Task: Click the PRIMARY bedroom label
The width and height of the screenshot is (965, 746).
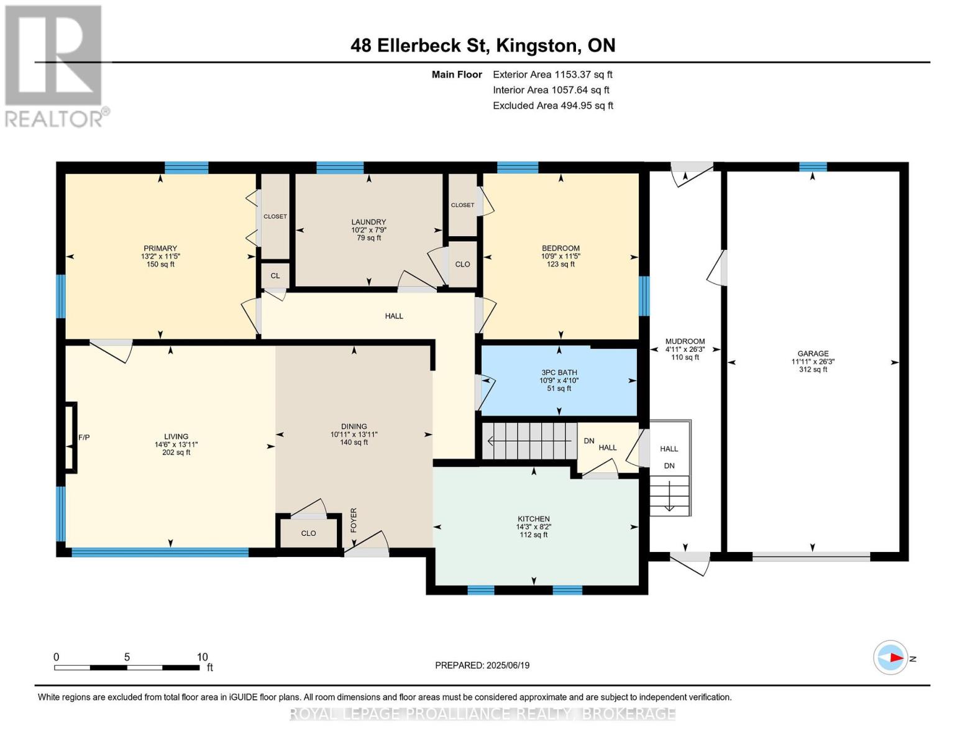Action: (160, 249)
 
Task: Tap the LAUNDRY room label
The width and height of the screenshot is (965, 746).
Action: (368, 222)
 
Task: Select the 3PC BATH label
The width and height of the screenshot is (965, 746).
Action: (559, 372)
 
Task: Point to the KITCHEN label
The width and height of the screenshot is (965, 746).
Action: (533, 518)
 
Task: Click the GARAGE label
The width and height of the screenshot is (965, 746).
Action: (813, 353)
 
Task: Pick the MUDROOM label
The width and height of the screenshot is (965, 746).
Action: (685, 341)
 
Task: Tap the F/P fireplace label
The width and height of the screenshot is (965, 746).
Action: (84, 437)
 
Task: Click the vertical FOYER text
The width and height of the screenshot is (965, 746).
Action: (354, 520)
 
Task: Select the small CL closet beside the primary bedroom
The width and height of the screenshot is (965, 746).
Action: (275, 275)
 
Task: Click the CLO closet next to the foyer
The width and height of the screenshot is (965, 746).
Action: (308, 533)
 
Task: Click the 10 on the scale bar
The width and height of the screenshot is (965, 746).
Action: (202, 656)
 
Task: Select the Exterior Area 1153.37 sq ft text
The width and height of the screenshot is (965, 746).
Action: (552, 75)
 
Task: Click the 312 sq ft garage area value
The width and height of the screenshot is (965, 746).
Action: (813, 369)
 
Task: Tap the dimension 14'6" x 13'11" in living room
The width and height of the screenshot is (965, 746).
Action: (176, 444)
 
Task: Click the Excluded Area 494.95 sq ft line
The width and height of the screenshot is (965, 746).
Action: (553, 106)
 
